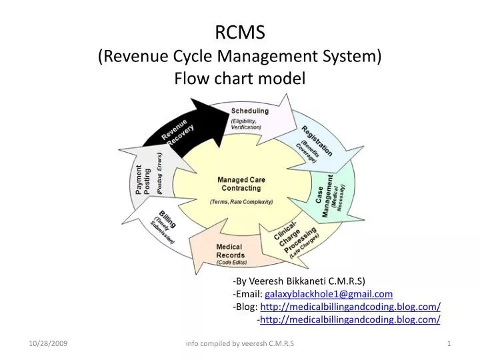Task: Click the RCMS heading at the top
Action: [x=240, y=32]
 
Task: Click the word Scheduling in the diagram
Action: [x=250, y=111]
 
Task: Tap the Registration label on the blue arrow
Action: [x=317, y=141]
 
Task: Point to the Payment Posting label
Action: [x=143, y=180]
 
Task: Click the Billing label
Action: [x=167, y=219]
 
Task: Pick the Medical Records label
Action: [x=230, y=251]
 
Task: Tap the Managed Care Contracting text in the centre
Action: [x=241, y=184]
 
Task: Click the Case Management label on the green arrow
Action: [x=324, y=196]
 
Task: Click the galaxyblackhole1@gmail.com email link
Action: [x=329, y=294]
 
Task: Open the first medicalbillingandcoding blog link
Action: [x=350, y=307]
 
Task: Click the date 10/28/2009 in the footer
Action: [x=48, y=343]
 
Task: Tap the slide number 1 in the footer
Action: [x=449, y=343]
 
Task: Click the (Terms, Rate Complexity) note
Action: [x=241, y=202]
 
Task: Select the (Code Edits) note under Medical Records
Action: [x=231, y=263]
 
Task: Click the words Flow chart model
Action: [x=240, y=78]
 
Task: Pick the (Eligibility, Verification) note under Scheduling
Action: [x=246, y=124]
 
